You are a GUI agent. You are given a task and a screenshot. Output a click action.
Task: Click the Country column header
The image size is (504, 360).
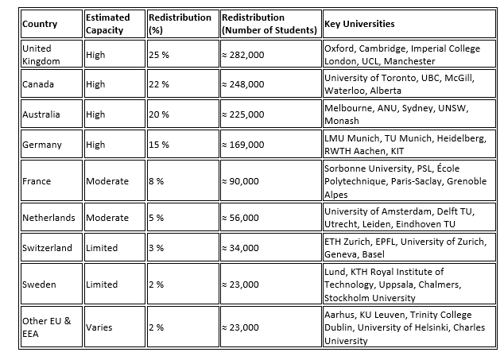point(39,24)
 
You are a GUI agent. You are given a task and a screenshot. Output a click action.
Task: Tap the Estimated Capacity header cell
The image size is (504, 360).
point(108,24)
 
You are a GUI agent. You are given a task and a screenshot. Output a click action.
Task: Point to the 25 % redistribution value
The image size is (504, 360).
point(159,54)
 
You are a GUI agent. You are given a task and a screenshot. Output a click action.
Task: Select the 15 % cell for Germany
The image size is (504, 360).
point(159,145)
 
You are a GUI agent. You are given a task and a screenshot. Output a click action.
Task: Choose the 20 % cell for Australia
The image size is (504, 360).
point(159,114)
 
